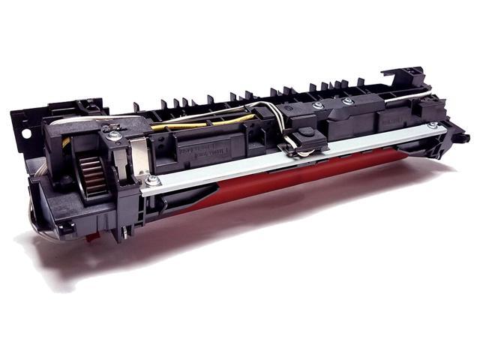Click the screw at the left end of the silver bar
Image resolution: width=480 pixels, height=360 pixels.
tap(153, 180)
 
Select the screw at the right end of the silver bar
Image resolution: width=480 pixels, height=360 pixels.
tap(432, 125)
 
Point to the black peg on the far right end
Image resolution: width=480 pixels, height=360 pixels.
tap(461, 138)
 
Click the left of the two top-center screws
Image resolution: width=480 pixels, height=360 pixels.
tap(318, 106)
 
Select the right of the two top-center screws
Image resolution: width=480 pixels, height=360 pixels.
tap(347, 101)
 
